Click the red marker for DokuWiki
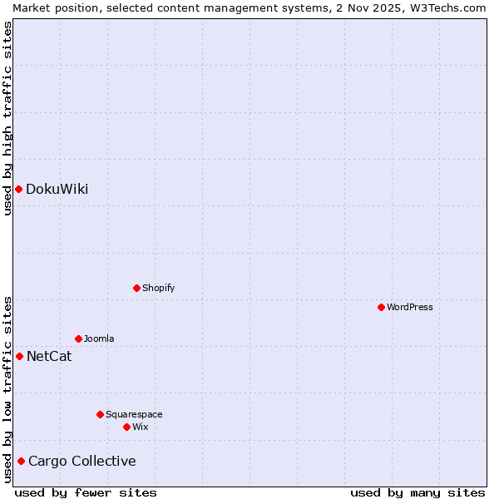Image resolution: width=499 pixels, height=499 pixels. [18, 189]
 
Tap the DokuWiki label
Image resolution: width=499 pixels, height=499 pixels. [57, 189]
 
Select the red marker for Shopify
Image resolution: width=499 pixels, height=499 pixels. [136, 288]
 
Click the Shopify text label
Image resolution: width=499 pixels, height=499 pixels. [158, 288]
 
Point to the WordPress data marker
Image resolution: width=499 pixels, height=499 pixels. [381, 307]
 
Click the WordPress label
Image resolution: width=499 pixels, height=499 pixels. [409, 307]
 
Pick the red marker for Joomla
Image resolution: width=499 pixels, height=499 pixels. [78, 338]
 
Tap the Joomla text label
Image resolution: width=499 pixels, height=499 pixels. [99, 338]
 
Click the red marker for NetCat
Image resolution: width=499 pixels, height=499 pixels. [19, 356]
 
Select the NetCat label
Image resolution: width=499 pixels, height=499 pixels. [49, 357]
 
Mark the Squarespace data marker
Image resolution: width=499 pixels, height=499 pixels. [100, 414]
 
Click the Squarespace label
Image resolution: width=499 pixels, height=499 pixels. [134, 414]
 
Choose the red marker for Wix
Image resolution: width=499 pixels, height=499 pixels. [126, 427]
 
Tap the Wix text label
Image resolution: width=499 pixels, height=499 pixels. [140, 427]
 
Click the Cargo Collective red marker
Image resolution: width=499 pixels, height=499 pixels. [21, 461]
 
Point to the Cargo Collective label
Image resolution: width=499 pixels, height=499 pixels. [82, 461]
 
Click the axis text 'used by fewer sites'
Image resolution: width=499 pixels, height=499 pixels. [86, 492]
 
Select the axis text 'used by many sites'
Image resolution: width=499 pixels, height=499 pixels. [417, 492]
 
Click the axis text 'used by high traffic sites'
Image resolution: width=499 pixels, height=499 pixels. [7, 117]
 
